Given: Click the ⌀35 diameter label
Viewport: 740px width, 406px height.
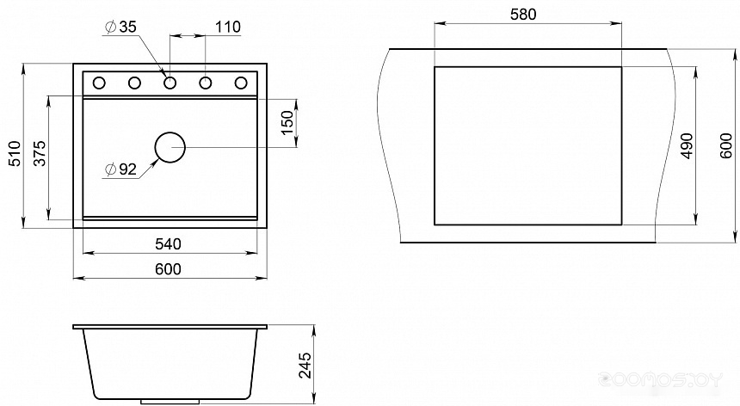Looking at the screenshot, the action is pyautogui.click(x=120, y=28).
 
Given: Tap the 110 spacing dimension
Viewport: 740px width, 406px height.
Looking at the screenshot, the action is pyautogui.click(x=228, y=27).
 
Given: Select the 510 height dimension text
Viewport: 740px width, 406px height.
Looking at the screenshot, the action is pyautogui.click(x=15, y=153).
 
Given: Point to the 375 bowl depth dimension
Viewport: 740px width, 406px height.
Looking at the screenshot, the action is pyautogui.click(x=40, y=153).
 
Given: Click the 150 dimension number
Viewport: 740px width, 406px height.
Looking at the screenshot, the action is pyautogui.click(x=287, y=123).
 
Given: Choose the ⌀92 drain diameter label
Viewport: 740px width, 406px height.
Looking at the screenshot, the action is pyautogui.click(x=120, y=169).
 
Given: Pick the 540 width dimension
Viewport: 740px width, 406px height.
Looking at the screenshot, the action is pyautogui.click(x=168, y=243).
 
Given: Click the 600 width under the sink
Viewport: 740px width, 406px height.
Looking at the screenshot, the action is pyautogui.click(x=168, y=268).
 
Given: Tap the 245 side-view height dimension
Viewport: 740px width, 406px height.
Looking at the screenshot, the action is pyautogui.click(x=305, y=366).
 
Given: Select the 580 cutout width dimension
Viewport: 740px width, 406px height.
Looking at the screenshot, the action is pyautogui.click(x=523, y=15).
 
